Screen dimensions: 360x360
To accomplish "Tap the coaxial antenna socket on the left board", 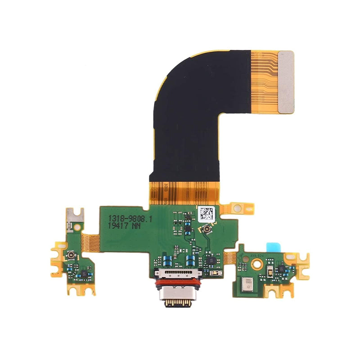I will point(71,256).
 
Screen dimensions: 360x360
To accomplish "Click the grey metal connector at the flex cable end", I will point(286,81).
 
